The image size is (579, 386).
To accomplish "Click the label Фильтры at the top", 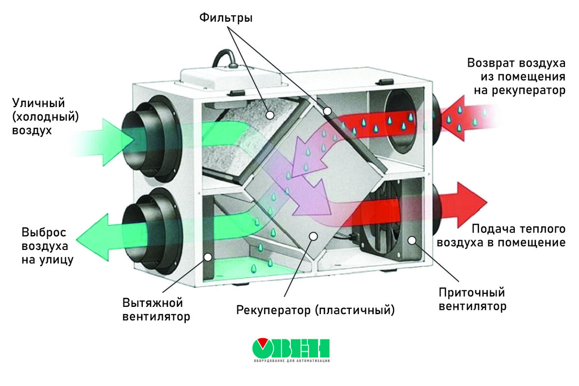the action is (226, 18).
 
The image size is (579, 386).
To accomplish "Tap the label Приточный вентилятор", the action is (472, 299).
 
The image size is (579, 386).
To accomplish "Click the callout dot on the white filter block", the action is (270, 115).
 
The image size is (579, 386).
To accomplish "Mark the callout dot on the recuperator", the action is (314, 235).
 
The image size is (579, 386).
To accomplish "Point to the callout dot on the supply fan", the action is (411, 240).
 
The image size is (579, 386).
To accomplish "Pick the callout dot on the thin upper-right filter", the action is (327, 111).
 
